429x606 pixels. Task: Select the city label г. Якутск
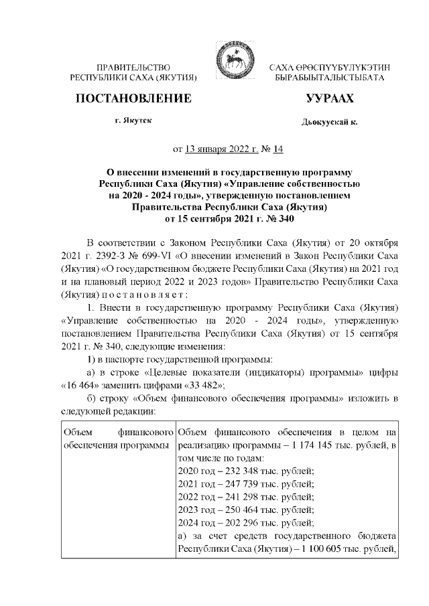[133, 120]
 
